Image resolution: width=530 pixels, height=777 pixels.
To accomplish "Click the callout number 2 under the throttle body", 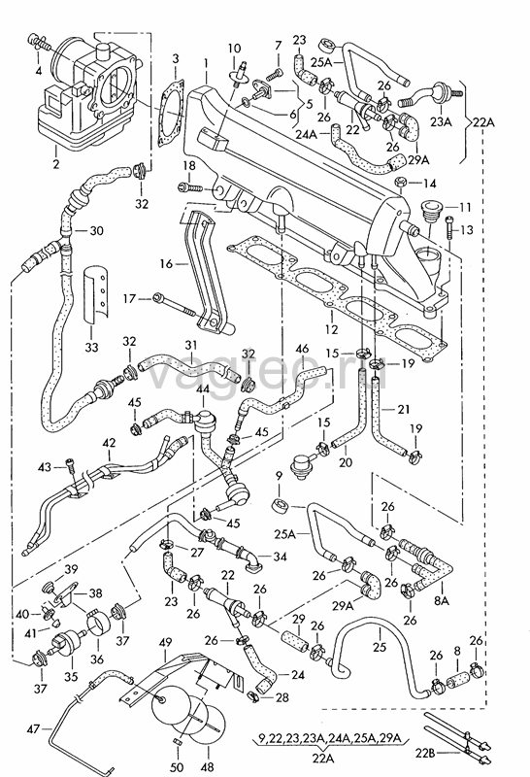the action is point(55,163).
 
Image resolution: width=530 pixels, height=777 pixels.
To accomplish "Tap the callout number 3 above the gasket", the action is point(176,59).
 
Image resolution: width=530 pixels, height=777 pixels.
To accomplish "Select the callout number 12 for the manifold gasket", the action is point(331,328).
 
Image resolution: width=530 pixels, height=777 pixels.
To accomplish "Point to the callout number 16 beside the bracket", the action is point(166,263).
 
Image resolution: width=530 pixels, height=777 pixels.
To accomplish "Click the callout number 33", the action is point(91,348).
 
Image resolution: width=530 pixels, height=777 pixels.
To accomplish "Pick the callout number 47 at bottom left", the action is point(34,729).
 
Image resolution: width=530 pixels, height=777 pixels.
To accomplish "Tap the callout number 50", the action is point(177,767).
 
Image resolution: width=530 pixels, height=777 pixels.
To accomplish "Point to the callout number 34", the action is point(280,557).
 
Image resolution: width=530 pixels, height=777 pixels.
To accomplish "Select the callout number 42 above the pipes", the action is point(109,443).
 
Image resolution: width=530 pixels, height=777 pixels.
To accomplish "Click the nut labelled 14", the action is point(401,183).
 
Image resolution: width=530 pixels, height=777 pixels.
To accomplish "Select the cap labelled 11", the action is point(429,211).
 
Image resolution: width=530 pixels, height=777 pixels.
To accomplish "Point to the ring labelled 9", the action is point(280,507).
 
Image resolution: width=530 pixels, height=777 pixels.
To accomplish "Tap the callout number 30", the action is point(97,231).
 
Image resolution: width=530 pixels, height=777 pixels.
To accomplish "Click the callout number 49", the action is point(165,643).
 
